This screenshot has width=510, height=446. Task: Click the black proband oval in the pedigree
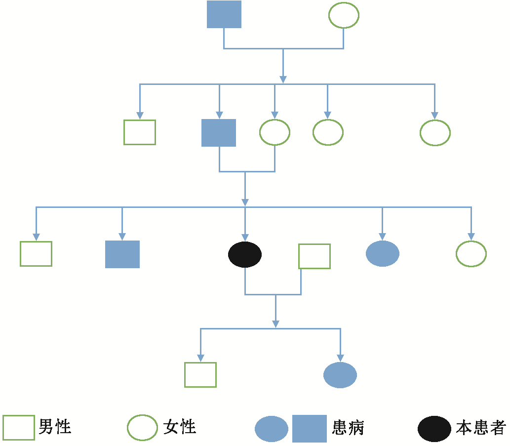[x=245, y=254]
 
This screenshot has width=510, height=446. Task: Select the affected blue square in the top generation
[x=224, y=14]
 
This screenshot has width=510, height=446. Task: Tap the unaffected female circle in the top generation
[x=344, y=15]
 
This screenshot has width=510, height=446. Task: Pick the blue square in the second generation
[x=219, y=133]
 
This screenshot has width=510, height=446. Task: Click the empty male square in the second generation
[x=140, y=132]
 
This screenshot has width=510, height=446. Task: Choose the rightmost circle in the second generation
[x=435, y=132]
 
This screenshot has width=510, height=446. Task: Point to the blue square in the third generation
[x=122, y=254]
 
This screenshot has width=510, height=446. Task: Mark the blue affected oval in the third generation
[x=382, y=254]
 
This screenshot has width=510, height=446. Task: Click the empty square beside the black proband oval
[x=314, y=256]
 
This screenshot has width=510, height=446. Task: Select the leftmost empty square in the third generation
[x=36, y=254]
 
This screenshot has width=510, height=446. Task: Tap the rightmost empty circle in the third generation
[x=471, y=254]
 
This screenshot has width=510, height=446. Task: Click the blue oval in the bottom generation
[x=340, y=375]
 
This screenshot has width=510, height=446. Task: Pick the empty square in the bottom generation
[x=200, y=375]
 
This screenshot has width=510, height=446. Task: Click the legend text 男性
[x=55, y=427]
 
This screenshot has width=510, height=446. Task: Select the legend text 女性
[x=180, y=427]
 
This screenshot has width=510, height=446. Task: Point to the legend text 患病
[x=349, y=428]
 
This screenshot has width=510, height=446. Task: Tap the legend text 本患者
[x=480, y=428]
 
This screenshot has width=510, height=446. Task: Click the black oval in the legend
[x=434, y=428]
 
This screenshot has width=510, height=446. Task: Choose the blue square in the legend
[x=310, y=428]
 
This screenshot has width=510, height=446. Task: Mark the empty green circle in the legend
[x=143, y=428]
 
